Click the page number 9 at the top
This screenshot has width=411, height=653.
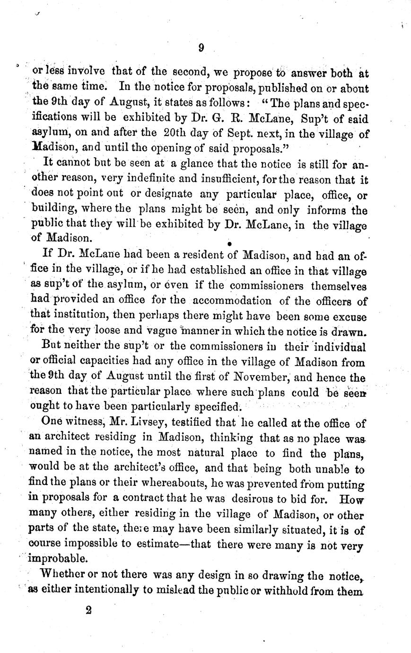pos(201,47)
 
